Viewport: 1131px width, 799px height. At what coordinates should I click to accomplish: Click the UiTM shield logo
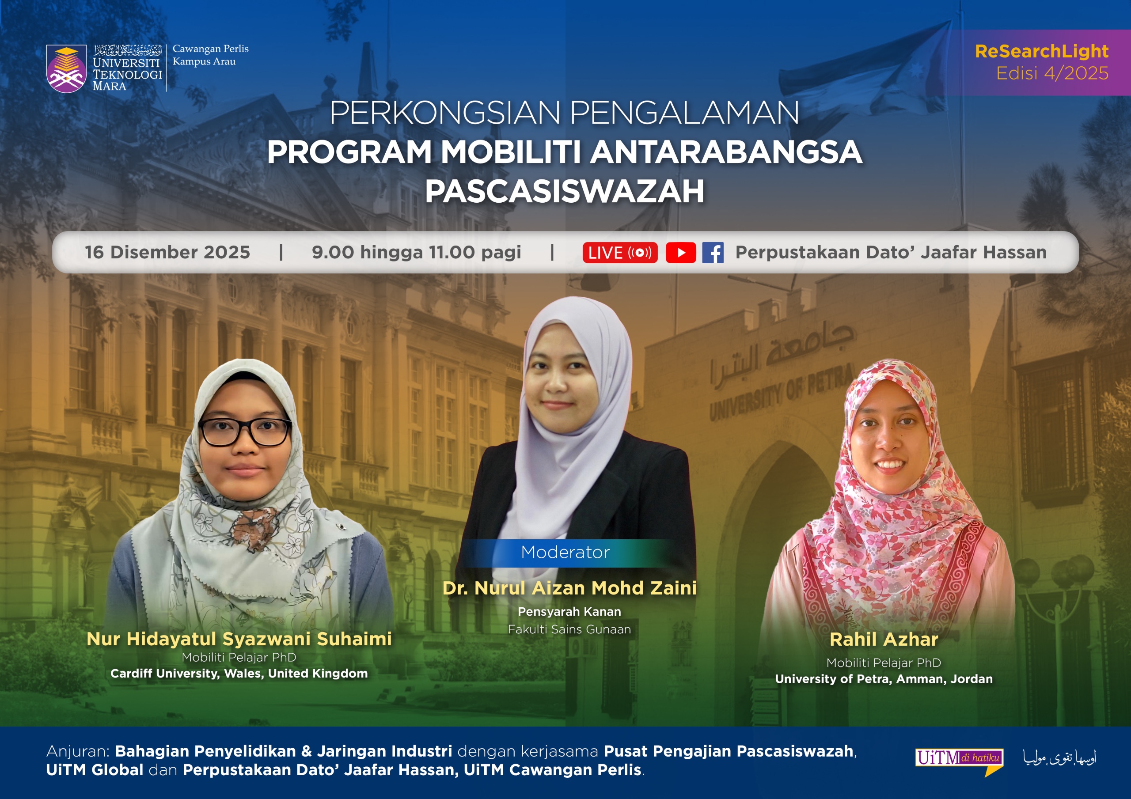pyautogui.click(x=66, y=69)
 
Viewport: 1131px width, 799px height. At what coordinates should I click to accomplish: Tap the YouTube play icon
pyautogui.click(x=680, y=253)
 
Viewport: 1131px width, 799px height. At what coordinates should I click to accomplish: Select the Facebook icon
pyautogui.click(x=712, y=253)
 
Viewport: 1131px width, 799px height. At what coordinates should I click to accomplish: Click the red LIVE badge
pyautogui.click(x=620, y=253)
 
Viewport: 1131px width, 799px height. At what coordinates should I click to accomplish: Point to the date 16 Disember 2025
pyautogui.click(x=167, y=252)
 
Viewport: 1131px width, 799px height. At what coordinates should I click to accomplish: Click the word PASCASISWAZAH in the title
pyautogui.click(x=565, y=191)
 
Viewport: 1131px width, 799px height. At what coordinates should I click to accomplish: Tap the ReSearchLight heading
pyautogui.click(x=1041, y=51)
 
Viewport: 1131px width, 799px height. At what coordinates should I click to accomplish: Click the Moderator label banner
pyautogui.click(x=565, y=552)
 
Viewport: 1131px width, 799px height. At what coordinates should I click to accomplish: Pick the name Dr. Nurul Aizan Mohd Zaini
pyautogui.click(x=569, y=588)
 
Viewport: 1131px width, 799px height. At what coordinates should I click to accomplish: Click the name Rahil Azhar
pyautogui.click(x=884, y=640)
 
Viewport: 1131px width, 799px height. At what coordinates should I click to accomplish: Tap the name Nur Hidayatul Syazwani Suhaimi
pyautogui.click(x=239, y=639)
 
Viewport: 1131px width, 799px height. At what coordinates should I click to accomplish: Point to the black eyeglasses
pyautogui.click(x=245, y=432)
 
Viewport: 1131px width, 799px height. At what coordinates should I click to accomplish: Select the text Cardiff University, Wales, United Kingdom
pyautogui.click(x=239, y=674)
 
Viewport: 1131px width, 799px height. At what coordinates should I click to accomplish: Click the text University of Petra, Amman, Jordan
pyautogui.click(x=884, y=679)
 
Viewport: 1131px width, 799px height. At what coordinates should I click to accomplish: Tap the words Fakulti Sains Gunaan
pyautogui.click(x=569, y=629)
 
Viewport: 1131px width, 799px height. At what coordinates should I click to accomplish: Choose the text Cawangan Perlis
pyautogui.click(x=210, y=49)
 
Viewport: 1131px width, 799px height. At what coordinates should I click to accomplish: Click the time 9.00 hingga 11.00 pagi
pyautogui.click(x=416, y=252)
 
